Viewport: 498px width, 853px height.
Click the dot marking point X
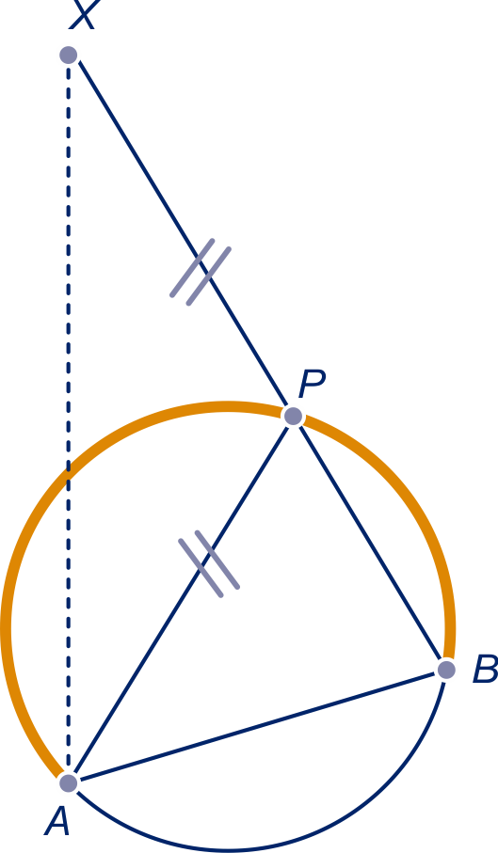[x=69, y=55]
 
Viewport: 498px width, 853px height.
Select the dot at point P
[x=293, y=417]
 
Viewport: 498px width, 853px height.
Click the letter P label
[x=312, y=385]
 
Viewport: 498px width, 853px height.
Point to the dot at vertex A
[x=69, y=782]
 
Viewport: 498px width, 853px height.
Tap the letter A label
[x=57, y=820]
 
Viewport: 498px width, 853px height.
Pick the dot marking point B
[x=446, y=670]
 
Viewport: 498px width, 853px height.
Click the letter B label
[x=485, y=669]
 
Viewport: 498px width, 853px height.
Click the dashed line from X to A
[x=69, y=419]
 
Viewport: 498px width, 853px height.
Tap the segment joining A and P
[x=181, y=599]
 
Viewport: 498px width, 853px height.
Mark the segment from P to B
[x=370, y=543]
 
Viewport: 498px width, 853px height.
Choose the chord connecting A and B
[x=257, y=726]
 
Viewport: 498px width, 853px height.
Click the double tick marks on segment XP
[x=201, y=272]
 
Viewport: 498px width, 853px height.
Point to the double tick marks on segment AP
[x=210, y=564]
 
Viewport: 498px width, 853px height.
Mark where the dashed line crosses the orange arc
[x=69, y=473]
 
